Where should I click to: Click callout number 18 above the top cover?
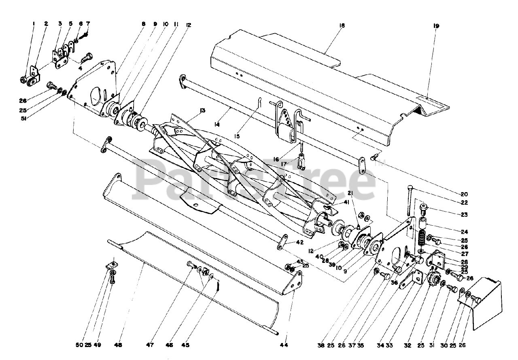pos(342,25)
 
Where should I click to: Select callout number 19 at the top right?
pos(436,26)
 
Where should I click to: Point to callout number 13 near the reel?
pos(202,110)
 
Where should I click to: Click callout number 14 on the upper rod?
pos(217,125)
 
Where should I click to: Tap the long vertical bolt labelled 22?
pos(409,201)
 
